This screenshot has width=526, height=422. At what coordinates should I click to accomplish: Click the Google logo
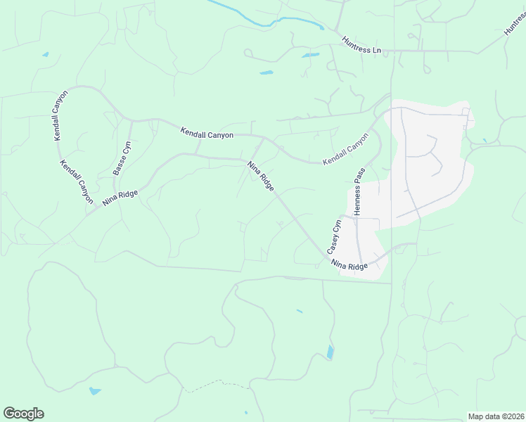pyautogui.click(x=23, y=414)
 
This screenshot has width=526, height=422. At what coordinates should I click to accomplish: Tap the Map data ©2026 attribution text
pyautogui.click(x=495, y=416)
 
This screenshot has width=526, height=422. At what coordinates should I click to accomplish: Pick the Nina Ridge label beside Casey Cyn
pyautogui.click(x=349, y=266)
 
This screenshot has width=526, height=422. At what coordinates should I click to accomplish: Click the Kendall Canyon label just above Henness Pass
pyautogui.click(x=345, y=150)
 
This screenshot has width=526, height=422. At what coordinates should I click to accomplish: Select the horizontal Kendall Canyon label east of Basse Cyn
pyautogui.click(x=206, y=133)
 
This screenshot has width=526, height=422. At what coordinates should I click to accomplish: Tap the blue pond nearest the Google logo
pyautogui.click(x=94, y=391)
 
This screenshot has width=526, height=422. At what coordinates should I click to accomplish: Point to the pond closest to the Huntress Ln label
pyautogui.click(x=310, y=55)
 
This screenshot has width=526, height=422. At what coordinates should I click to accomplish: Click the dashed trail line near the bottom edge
pyautogui.click(x=218, y=383)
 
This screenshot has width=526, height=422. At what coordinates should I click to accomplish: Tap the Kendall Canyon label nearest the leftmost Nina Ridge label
pyautogui.click(x=77, y=182)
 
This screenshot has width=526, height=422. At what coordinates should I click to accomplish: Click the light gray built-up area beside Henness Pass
pyautogui.click(x=429, y=162)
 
